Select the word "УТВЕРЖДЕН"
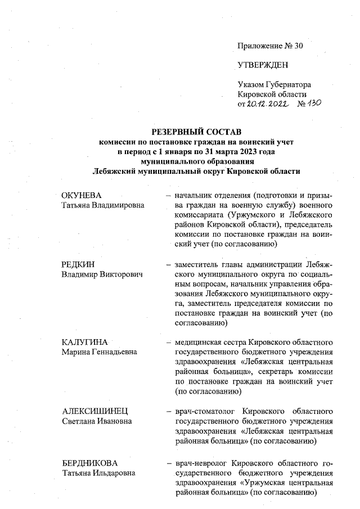263,65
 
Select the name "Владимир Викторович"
101,274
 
